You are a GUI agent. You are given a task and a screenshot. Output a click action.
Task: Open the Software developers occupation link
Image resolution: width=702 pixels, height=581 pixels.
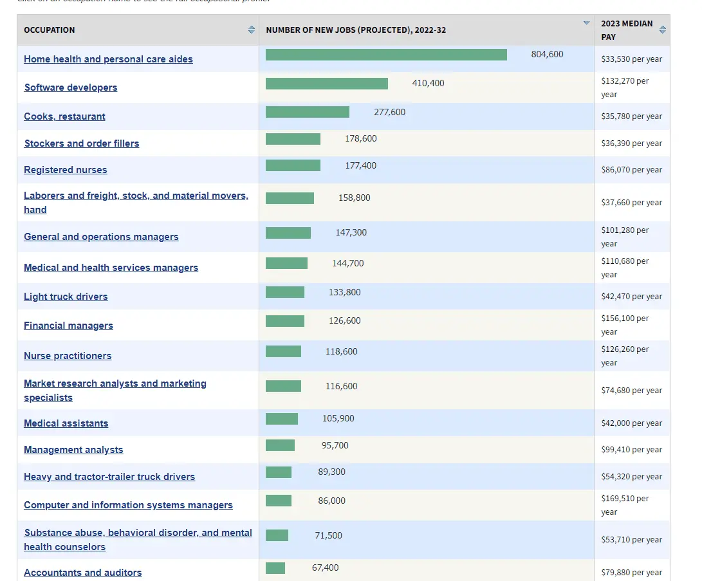click(71, 88)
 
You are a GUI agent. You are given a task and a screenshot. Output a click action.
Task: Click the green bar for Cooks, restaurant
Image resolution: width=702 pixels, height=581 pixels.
click(308, 112)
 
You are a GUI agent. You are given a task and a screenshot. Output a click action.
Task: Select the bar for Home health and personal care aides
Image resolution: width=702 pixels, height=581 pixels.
click(386, 55)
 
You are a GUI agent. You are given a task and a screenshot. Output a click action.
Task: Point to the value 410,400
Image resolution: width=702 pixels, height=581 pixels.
click(428, 83)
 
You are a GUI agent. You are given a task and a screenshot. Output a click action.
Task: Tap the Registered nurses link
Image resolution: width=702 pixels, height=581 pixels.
click(66, 170)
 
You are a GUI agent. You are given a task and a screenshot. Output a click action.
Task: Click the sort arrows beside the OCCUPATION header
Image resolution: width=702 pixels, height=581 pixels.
click(252, 30)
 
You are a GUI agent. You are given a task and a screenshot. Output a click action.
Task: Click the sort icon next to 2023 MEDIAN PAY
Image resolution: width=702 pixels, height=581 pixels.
click(663, 30)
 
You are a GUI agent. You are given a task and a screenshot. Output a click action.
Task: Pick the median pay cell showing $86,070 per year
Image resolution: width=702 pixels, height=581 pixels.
click(631, 170)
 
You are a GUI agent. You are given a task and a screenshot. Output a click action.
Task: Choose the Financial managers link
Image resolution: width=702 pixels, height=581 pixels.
click(68, 326)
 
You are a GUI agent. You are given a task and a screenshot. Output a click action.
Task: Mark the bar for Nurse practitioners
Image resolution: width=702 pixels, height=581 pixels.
click(283, 351)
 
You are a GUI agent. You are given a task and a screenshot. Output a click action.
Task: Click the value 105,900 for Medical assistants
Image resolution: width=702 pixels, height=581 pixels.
click(338, 418)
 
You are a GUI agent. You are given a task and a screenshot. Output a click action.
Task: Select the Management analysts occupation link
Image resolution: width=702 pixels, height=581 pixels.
click(73, 449)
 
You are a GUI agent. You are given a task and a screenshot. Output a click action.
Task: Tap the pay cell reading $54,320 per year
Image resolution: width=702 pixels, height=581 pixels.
click(631, 476)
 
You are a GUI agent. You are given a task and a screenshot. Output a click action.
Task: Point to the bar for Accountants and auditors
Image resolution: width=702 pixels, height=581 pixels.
click(275, 568)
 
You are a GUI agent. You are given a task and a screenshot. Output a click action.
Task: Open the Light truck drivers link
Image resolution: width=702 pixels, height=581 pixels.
click(66, 297)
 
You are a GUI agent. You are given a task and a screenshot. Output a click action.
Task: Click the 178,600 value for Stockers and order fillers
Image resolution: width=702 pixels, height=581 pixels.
click(361, 139)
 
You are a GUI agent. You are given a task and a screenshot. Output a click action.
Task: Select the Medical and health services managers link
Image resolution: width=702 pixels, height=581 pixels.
click(111, 267)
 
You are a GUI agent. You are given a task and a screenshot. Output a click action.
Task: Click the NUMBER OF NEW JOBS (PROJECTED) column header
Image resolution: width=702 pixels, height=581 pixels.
click(356, 30)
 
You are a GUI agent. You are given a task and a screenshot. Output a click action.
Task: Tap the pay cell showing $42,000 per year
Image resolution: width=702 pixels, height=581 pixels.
click(631, 423)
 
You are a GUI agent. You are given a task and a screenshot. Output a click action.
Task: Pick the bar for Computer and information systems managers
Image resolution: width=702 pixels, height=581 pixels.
click(279, 501)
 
